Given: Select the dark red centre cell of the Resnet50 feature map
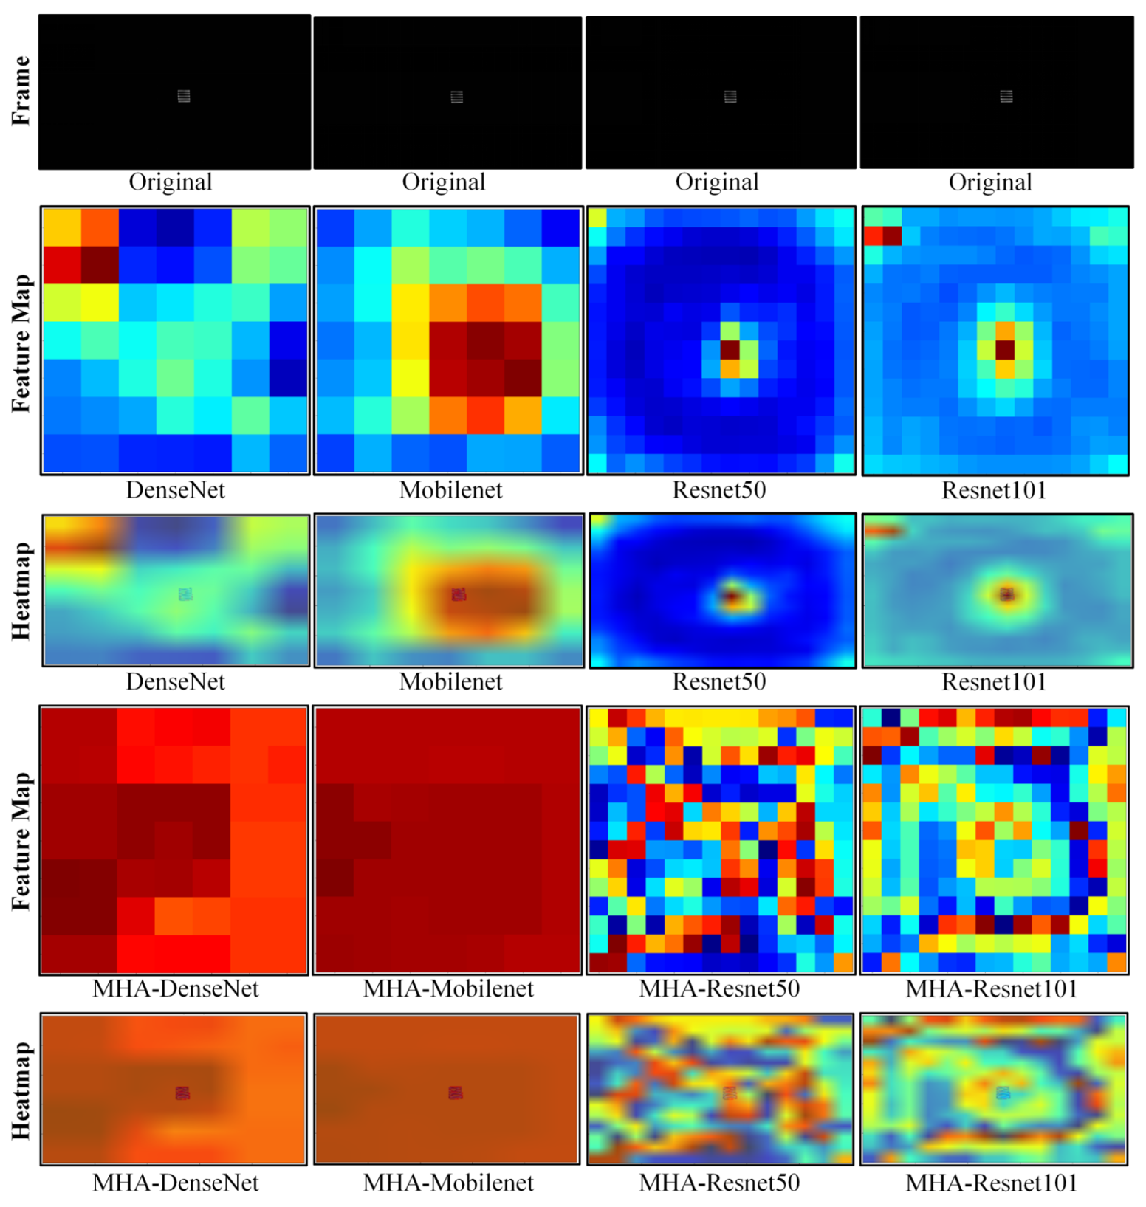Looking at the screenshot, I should (x=730, y=349).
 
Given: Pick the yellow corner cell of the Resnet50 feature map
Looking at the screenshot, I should (x=597, y=217).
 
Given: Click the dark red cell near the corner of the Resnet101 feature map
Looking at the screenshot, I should (x=893, y=235).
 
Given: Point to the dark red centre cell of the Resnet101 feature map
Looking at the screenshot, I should (x=1005, y=349).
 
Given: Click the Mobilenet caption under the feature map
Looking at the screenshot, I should (x=450, y=490).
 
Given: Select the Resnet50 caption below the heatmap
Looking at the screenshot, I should (x=718, y=681).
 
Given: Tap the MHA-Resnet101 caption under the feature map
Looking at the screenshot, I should (x=992, y=988).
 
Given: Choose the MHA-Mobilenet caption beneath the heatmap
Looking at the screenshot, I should (x=448, y=1183).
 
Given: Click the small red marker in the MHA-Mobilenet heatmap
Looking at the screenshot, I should (x=456, y=1093).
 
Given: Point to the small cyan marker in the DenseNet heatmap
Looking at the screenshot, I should (x=185, y=594).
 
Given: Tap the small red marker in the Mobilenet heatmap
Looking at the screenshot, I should (x=459, y=594).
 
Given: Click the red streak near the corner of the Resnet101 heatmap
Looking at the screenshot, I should (x=883, y=530).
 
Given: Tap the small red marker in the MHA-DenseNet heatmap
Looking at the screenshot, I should (x=182, y=1093).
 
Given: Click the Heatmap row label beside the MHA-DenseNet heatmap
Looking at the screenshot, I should (x=21, y=1090).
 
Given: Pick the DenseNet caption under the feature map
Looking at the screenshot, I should (x=175, y=490).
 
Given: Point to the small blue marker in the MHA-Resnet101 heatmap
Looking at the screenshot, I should (x=1003, y=1093).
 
